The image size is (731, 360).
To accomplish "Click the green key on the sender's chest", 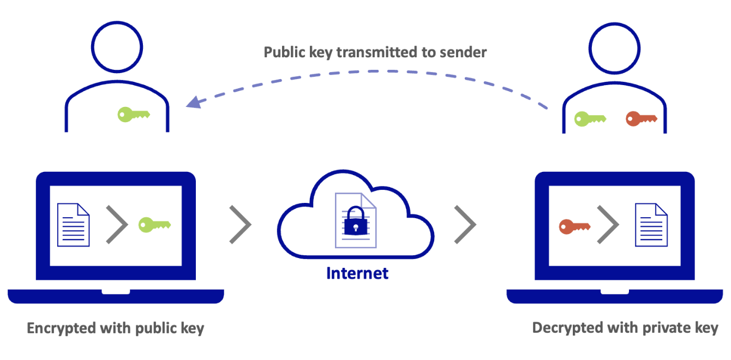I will pos(133,115).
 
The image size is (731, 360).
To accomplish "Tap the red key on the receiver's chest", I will pos(640,118).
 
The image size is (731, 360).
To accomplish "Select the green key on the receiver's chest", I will pos(590,118).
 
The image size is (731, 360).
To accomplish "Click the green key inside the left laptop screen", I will pos(154,224).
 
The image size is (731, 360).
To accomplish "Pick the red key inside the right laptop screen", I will pos(575,225).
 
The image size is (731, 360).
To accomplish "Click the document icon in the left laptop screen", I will pos(73,224).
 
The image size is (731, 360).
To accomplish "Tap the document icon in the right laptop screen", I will pos(651,225).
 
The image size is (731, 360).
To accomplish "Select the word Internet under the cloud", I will pos(357,273).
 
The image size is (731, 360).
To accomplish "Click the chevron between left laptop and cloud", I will pos(240,224).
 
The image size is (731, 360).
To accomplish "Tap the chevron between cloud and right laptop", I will pos(465,224).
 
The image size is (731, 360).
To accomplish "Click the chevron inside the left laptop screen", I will pos(116,224).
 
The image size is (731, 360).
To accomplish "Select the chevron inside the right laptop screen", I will pos(608,225).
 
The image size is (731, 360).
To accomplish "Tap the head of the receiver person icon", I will pos(614,48).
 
